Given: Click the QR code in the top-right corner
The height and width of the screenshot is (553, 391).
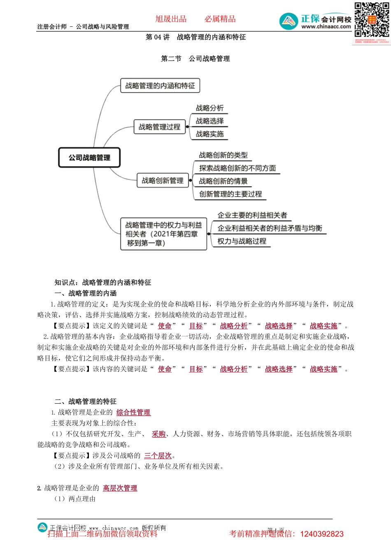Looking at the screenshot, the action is (372, 20).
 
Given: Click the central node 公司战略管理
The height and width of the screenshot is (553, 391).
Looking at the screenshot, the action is (89, 158).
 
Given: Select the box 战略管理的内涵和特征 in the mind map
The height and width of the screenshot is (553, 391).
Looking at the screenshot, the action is (160, 86).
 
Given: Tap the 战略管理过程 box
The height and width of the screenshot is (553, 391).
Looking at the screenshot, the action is (159, 127).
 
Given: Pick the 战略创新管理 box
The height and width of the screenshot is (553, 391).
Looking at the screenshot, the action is (163, 180).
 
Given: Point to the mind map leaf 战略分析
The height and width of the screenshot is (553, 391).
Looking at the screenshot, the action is (209, 108).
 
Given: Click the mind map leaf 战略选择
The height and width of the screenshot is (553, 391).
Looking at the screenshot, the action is (209, 121).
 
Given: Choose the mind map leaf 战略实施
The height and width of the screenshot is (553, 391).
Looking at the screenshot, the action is (209, 134).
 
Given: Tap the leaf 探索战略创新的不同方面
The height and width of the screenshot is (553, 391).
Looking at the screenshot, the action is (237, 168).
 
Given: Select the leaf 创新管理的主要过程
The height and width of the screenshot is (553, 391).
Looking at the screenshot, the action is (230, 194).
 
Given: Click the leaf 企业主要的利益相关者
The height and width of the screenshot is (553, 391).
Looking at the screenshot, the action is (252, 215).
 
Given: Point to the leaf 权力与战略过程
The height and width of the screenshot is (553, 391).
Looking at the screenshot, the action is (242, 241).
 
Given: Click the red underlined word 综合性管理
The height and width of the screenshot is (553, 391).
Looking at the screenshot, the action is (133, 412).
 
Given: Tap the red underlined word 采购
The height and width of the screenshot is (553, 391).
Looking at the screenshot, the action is (158, 434).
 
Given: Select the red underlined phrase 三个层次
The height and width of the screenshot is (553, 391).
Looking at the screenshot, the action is (158, 455).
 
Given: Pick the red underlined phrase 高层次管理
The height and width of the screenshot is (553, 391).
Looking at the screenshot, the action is (120, 488).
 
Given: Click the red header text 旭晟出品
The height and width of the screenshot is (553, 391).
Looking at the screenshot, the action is (171, 19).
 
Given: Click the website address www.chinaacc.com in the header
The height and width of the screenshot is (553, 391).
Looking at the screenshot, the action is (326, 27).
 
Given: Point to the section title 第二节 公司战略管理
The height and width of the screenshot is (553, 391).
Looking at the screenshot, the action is (195, 58).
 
